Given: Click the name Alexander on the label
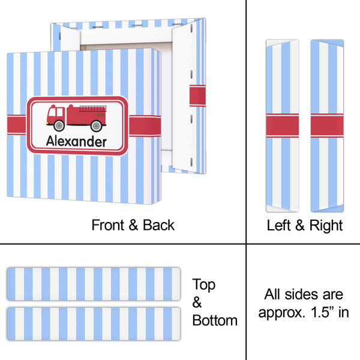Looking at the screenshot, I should click(x=77, y=142).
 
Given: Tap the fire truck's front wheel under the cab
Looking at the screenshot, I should click(x=59, y=125).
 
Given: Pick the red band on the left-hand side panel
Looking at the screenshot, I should click(x=282, y=126).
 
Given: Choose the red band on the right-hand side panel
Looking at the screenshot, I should click(x=327, y=126).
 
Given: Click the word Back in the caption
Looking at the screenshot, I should click(x=158, y=226).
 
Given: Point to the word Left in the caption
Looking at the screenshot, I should click(x=279, y=226).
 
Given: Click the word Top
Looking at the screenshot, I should click(x=203, y=284).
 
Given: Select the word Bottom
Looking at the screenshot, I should click(x=215, y=320).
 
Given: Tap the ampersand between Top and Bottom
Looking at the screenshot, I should click(x=197, y=302).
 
